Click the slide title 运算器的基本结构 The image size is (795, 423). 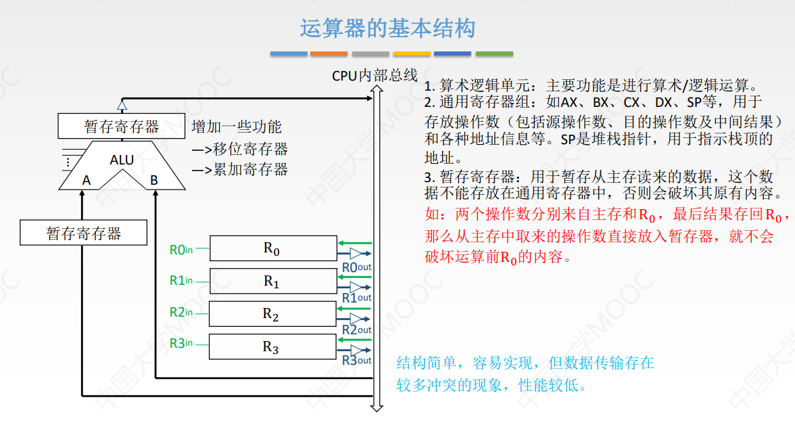(x=387, y=28)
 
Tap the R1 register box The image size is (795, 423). (x=272, y=281)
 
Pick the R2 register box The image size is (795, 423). (x=272, y=314)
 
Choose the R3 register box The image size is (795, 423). (x=272, y=347)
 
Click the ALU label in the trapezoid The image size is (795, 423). (x=122, y=160)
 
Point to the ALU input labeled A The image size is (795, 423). (x=87, y=181)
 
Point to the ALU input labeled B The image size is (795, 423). (x=154, y=181)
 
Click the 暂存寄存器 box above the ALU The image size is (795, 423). (x=122, y=127)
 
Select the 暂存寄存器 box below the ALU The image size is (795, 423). (x=84, y=233)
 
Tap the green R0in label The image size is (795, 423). (x=180, y=250)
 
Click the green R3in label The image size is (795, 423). (x=180, y=344)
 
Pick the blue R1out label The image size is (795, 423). (x=356, y=298)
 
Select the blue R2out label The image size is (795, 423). (x=356, y=330)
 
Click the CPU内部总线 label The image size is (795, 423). (x=375, y=76)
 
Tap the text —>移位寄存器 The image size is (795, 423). (x=240, y=149)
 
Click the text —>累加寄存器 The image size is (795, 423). (x=240, y=170)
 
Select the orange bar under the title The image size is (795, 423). (x=329, y=53)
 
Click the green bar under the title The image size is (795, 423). (x=494, y=53)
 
